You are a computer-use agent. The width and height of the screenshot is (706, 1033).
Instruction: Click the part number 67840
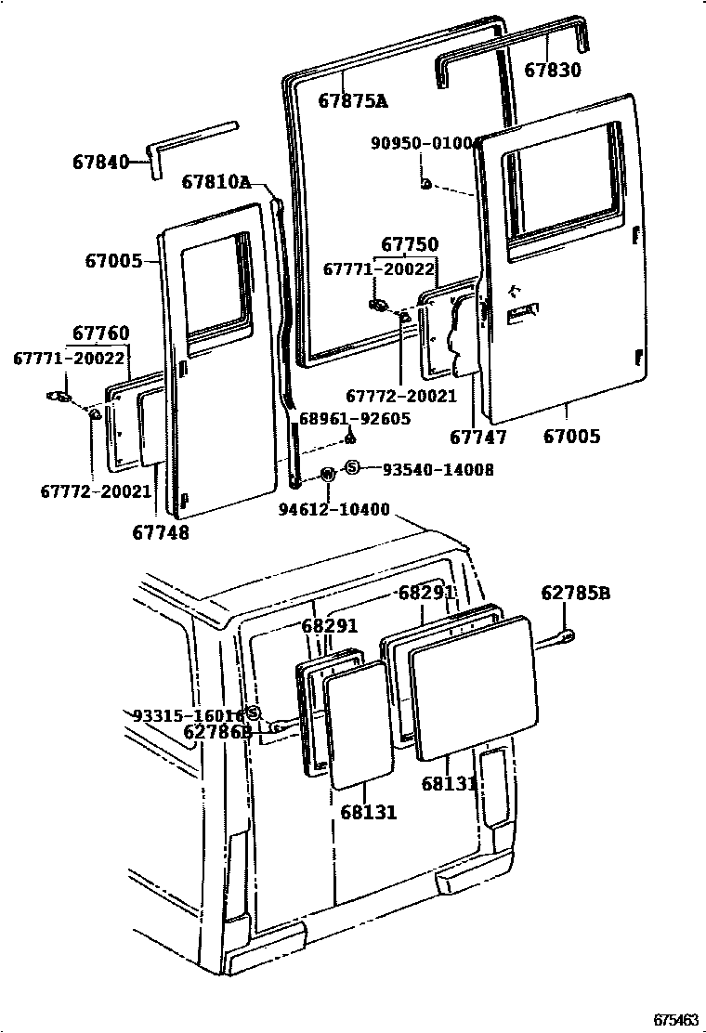(x=99, y=162)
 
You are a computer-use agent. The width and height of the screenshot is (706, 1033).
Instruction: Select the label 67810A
(x=216, y=182)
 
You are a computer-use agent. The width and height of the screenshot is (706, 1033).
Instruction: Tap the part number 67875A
(x=353, y=100)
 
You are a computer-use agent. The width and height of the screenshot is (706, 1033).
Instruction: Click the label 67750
(x=410, y=245)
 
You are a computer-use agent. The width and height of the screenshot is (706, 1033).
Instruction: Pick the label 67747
(x=477, y=437)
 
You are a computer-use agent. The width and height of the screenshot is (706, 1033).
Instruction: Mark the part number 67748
(x=162, y=532)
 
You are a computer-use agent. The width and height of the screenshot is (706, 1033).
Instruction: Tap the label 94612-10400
(x=334, y=510)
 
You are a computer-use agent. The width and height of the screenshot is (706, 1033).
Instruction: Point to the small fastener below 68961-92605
(x=350, y=437)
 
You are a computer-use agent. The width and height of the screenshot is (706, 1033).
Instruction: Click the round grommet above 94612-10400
(x=328, y=475)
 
